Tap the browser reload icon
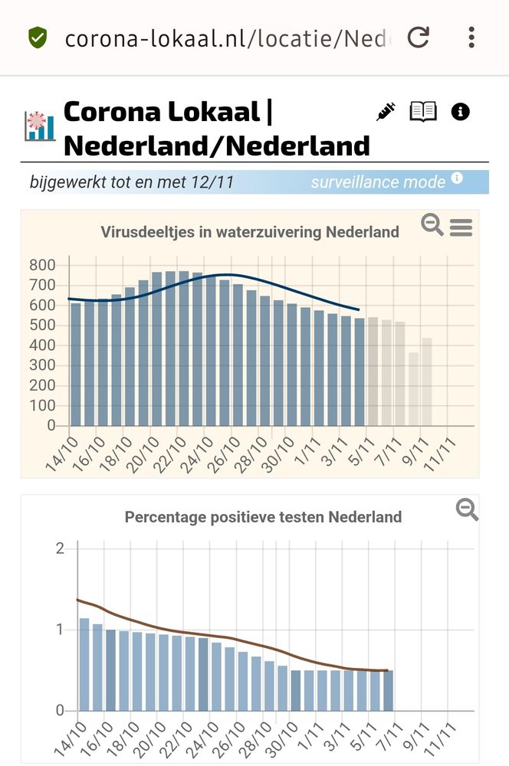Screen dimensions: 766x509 tap(418, 37)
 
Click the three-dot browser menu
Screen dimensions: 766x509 tap(471, 37)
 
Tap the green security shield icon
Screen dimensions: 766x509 tap(37, 37)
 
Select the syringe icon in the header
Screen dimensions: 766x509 tap(386, 112)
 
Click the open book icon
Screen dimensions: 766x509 tap(423, 112)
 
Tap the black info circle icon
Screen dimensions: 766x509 tap(461, 112)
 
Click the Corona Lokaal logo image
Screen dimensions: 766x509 tap(39, 127)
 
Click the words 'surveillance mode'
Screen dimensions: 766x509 tap(378, 182)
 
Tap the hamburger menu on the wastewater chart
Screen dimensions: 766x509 tap(461, 228)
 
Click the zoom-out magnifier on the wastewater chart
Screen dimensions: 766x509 tap(432, 225)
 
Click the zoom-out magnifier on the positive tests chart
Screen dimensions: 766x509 tap(467, 509)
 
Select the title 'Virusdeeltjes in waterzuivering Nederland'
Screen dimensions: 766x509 tap(250, 231)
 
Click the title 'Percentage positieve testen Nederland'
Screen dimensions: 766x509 tap(263, 517)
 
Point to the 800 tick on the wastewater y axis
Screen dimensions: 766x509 tap(42, 266)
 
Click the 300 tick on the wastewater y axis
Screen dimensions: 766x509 tap(42, 365)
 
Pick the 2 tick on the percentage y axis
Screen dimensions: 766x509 tap(60, 548)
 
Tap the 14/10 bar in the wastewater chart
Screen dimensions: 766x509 tap(76, 364)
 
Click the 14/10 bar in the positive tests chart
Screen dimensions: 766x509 tap(84, 663)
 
